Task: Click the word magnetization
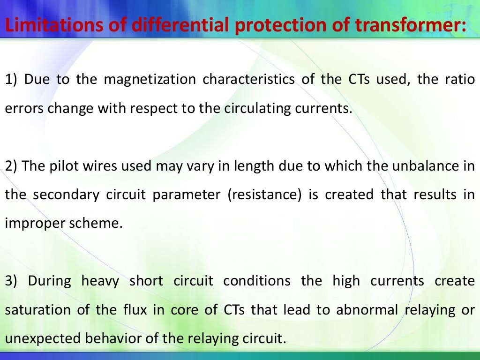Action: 150,79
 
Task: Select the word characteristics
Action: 249,79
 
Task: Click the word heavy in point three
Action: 99,281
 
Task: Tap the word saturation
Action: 34,310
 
